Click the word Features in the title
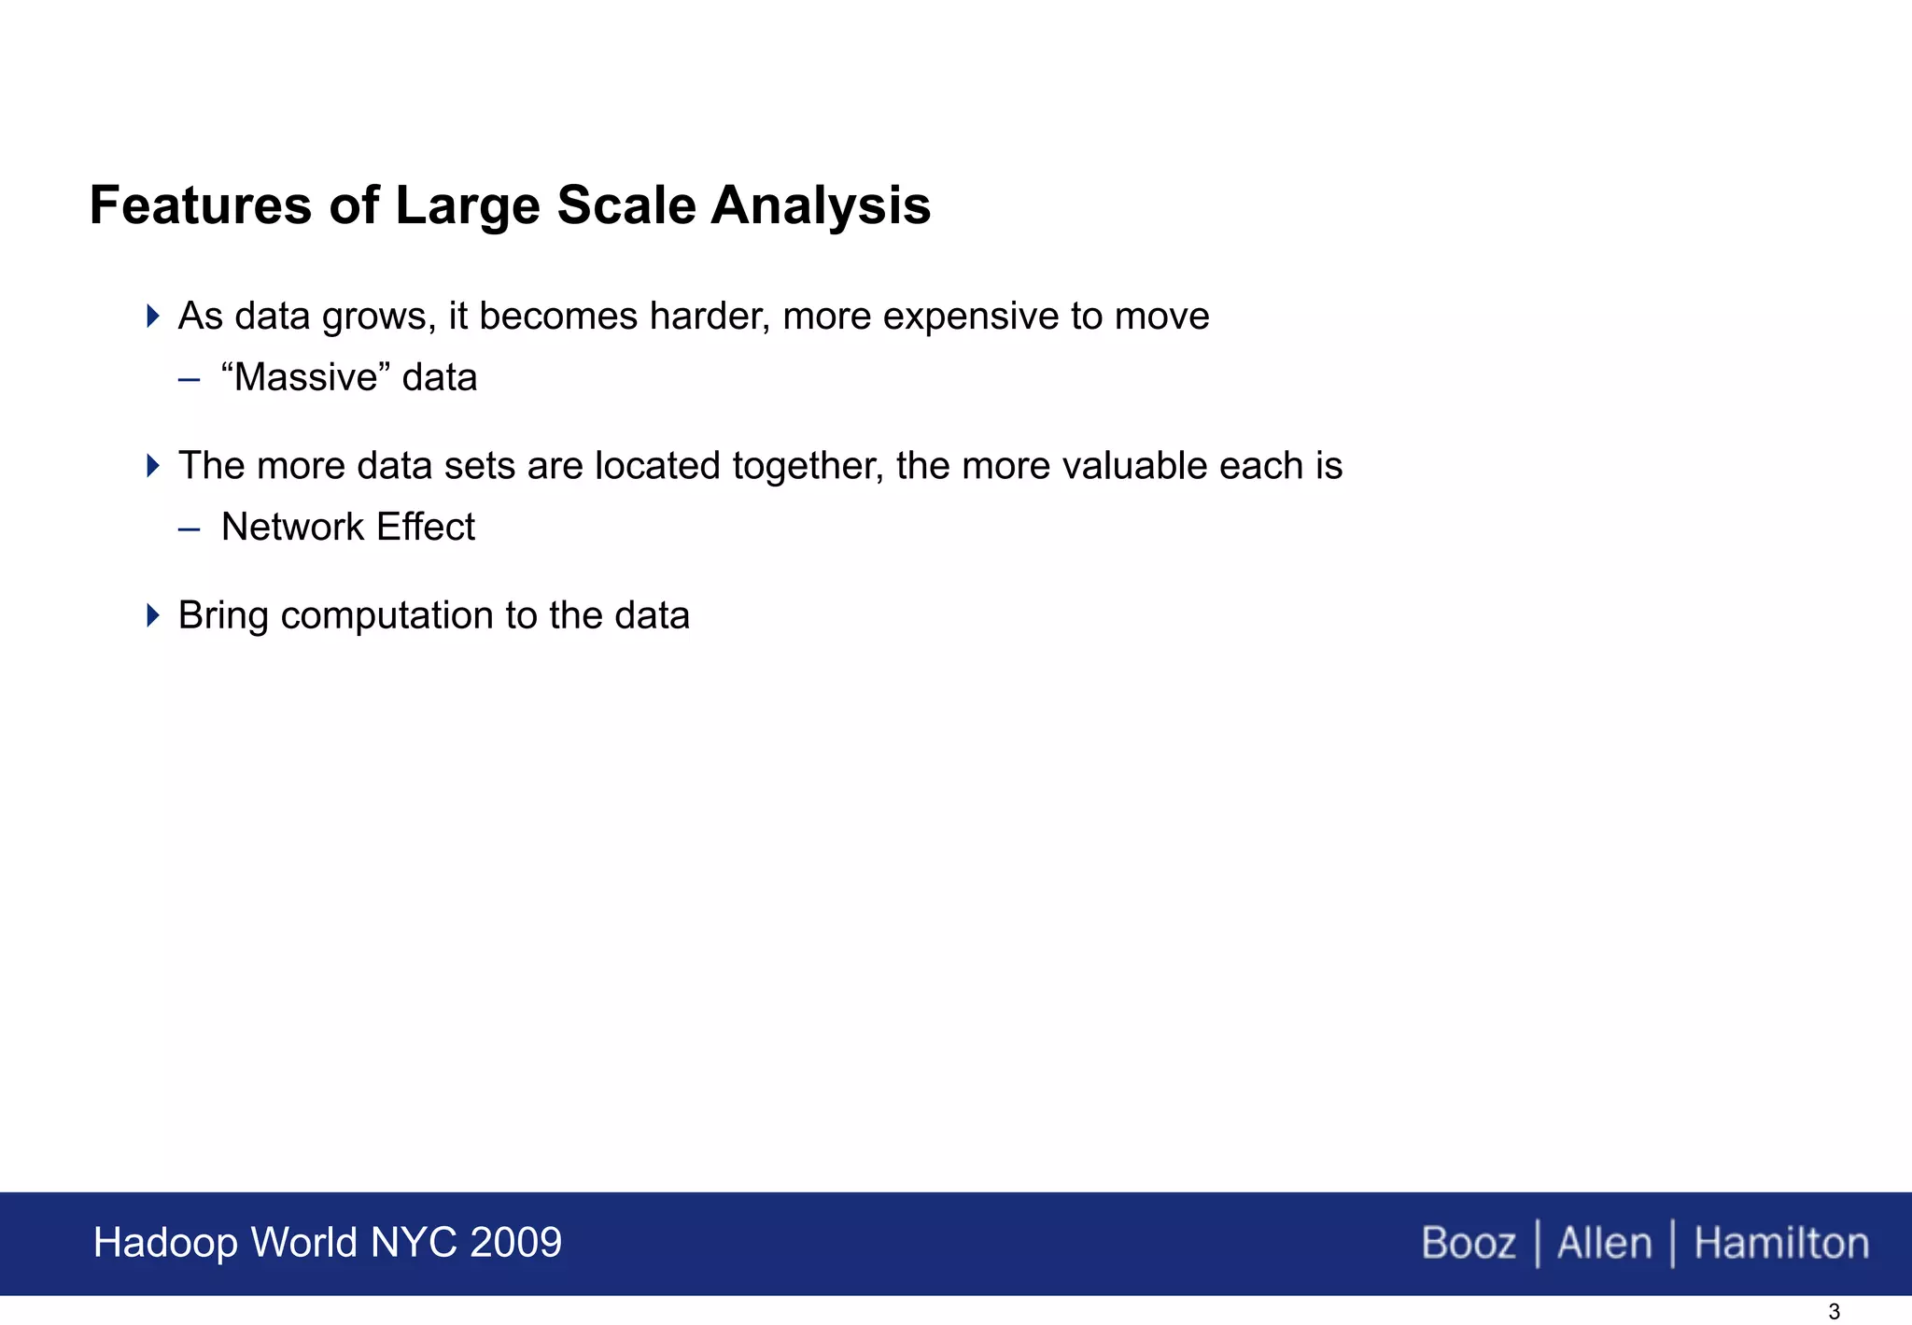pyautogui.click(x=200, y=205)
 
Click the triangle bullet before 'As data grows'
pyautogui.click(x=153, y=316)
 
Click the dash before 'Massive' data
pyautogui.click(x=189, y=379)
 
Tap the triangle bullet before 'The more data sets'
pyautogui.click(x=153, y=465)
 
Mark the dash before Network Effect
pyautogui.click(x=189, y=529)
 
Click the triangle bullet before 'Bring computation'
pyautogui.click(x=153, y=614)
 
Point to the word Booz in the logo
pyautogui.click(x=1468, y=1244)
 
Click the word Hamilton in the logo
pyautogui.click(x=1781, y=1244)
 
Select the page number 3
pyautogui.click(x=1834, y=1312)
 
